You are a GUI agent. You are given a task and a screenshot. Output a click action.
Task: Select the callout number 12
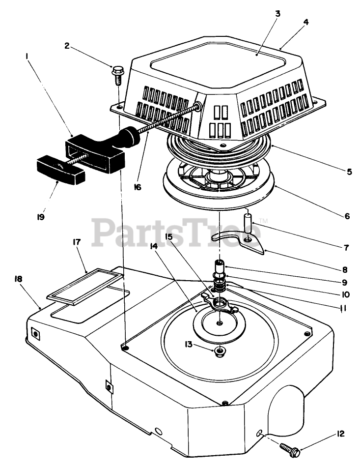341,434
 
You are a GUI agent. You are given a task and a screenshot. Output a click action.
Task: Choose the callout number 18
19,279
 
